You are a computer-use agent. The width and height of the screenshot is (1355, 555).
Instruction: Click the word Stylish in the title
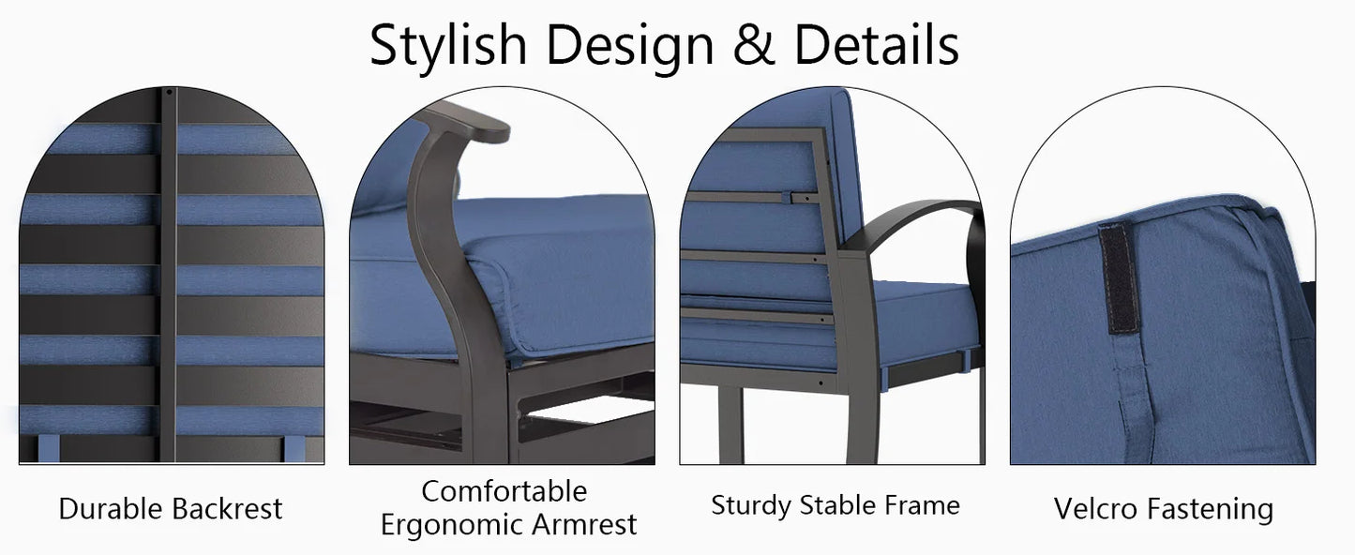click(x=449, y=45)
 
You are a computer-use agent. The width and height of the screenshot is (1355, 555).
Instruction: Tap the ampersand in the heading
click(x=755, y=45)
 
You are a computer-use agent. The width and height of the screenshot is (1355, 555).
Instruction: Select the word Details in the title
click(x=877, y=45)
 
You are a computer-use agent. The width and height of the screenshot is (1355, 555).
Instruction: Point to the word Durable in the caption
click(x=112, y=509)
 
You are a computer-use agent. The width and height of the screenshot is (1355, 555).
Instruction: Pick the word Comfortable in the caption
click(x=504, y=491)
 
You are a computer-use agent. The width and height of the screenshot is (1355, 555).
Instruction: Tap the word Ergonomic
click(x=459, y=525)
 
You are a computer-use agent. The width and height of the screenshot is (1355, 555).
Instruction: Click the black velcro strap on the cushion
click(x=1120, y=277)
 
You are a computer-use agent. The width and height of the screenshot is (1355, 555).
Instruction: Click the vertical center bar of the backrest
click(x=168, y=281)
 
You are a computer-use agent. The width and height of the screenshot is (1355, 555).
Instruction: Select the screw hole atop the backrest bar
click(x=168, y=93)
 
